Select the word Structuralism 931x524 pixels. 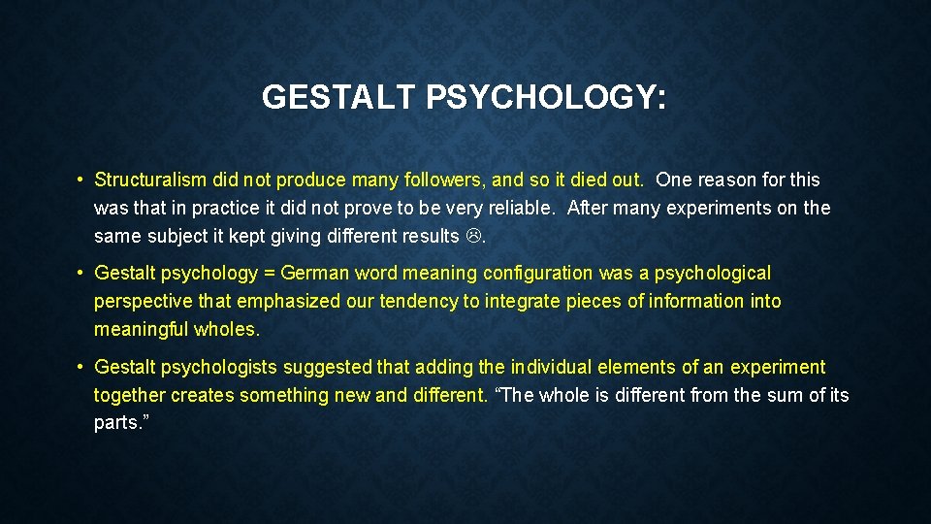click(x=150, y=180)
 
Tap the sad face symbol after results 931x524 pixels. click(x=474, y=236)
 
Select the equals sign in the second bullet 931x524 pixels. click(x=269, y=274)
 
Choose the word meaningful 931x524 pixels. click(x=141, y=330)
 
